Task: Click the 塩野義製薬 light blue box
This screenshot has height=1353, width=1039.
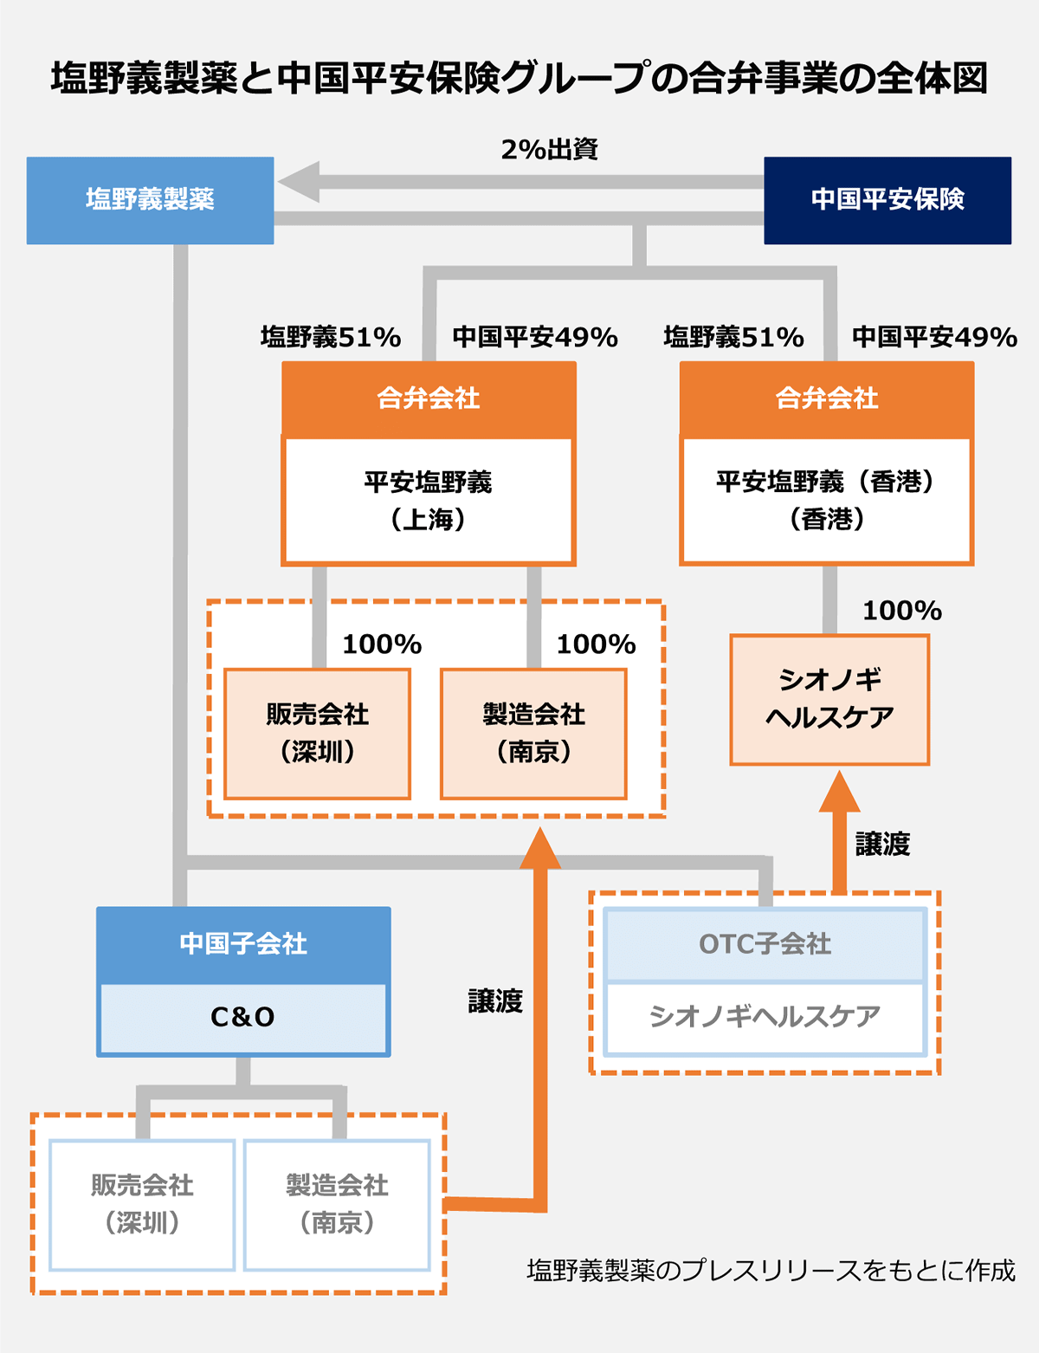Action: tap(150, 200)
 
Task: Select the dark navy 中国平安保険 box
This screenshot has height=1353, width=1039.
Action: tap(887, 200)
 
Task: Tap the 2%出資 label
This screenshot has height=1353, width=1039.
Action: tap(549, 150)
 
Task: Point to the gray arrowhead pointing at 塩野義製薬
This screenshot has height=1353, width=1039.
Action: tap(300, 182)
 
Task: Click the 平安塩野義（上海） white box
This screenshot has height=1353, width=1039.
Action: tap(428, 501)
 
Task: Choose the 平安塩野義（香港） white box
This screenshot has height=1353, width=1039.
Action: tap(826, 501)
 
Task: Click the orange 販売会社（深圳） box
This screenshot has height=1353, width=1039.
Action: tap(317, 734)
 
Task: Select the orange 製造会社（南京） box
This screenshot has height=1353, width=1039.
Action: tap(533, 734)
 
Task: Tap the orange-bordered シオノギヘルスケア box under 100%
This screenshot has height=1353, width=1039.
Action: tap(829, 700)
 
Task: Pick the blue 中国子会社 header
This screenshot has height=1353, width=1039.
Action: tap(243, 944)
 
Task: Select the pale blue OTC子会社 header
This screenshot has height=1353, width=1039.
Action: tap(765, 944)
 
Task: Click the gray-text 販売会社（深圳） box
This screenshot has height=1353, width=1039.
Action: tap(142, 1205)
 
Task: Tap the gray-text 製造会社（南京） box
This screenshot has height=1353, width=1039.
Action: tap(337, 1205)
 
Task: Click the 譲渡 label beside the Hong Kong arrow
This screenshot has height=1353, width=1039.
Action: tap(882, 845)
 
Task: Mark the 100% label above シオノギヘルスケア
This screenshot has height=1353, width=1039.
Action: tap(902, 611)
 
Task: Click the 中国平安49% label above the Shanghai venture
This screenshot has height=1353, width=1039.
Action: tap(535, 338)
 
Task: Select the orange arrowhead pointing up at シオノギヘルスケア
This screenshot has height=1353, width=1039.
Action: tap(839, 792)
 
